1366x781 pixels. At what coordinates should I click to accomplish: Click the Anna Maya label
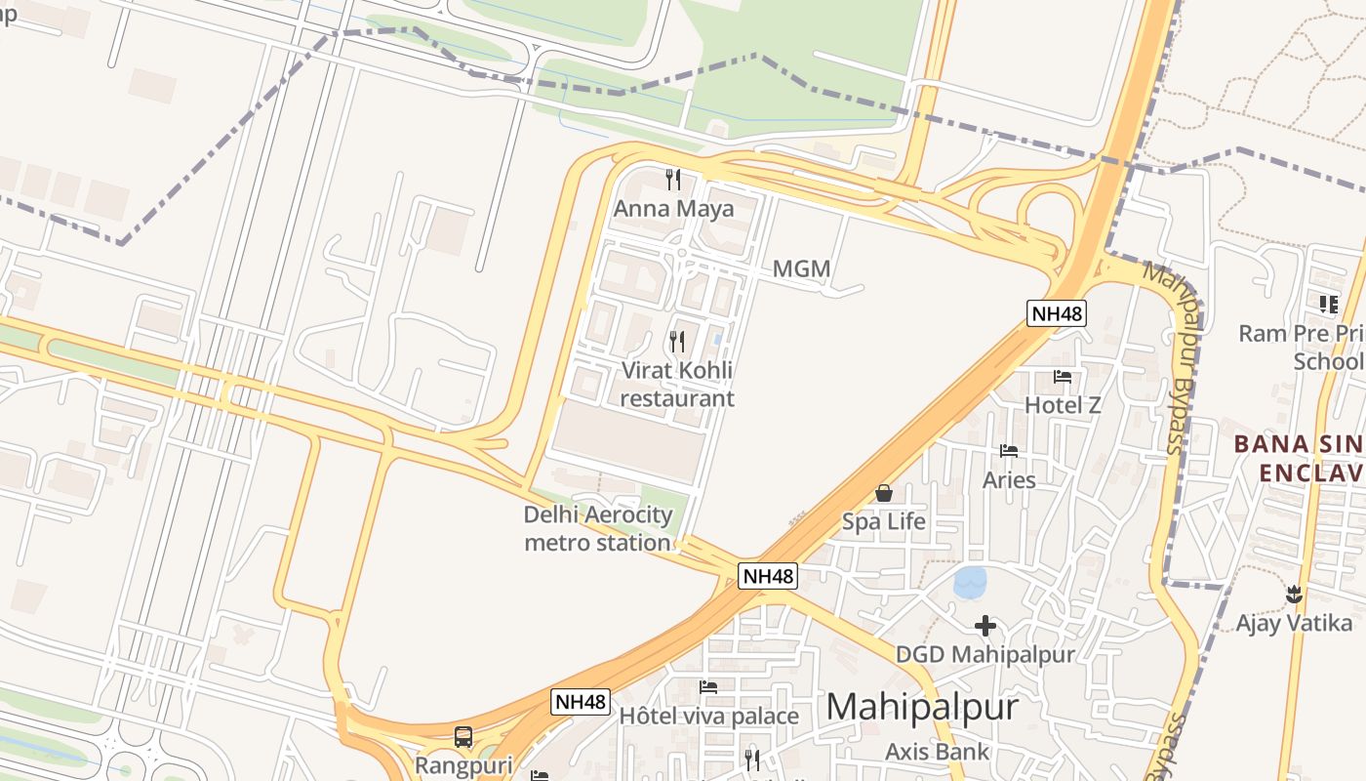tap(673, 209)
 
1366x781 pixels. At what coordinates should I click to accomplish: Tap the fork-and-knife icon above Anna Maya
tap(672, 179)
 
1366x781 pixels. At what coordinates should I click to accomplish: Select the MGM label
tap(801, 268)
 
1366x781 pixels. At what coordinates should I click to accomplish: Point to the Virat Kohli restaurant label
tap(677, 385)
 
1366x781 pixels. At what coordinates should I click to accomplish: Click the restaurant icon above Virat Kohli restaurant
tap(676, 341)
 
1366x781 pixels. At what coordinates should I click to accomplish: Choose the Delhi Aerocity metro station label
tap(598, 528)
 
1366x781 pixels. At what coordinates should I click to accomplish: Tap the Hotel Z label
tap(1063, 404)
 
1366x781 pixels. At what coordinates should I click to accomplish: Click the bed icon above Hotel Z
tap(1063, 376)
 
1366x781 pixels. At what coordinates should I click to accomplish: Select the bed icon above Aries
tap(1009, 451)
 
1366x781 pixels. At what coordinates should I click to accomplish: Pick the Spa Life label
tap(884, 521)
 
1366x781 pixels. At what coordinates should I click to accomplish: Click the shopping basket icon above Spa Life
tap(884, 493)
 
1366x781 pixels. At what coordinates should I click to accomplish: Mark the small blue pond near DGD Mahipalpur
tap(970, 583)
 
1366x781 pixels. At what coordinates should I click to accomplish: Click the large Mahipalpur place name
tap(922, 707)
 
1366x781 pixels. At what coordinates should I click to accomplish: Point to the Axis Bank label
tap(937, 752)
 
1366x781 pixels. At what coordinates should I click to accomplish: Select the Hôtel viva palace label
tap(709, 716)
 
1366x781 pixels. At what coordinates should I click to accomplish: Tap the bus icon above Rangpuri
tap(463, 737)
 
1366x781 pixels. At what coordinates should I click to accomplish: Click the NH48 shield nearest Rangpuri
tap(581, 701)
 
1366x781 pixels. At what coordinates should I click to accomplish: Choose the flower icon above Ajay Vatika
tap(1294, 594)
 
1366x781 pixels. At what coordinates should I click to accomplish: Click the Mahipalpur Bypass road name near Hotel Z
tap(1175, 356)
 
